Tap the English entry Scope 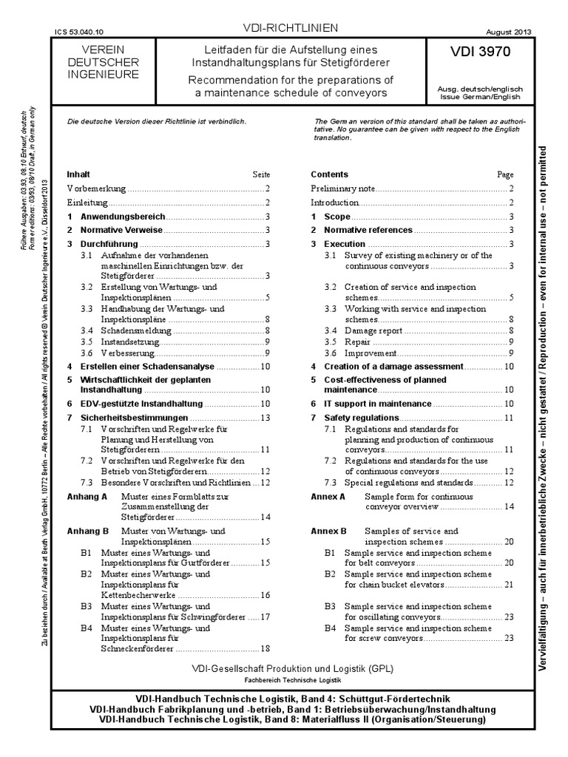(x=337, y=217)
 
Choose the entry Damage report (x=373, y=330)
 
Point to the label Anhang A (x=87, y=497)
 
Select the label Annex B (x=328, y=531)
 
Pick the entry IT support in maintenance (x=377, y=404)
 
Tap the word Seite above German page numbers (x=261, y=175)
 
